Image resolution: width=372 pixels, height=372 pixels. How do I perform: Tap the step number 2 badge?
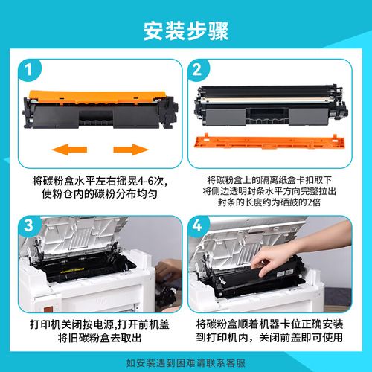(x=198, y=71)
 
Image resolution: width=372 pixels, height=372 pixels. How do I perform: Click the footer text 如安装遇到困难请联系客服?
(x=186, y=363)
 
